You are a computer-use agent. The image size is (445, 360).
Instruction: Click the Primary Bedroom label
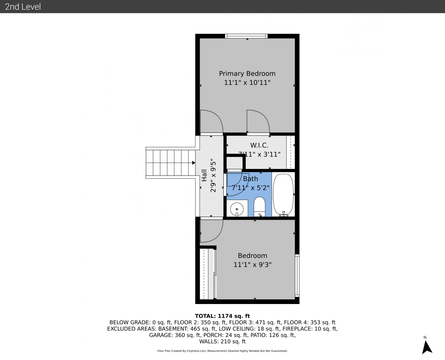pyautogui.click(x=247, y=74)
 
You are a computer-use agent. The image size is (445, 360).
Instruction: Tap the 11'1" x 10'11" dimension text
pyautogui.click(x=247, y=83)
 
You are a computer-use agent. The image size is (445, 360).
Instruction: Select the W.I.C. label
pyautogui.click(x=259, y=145)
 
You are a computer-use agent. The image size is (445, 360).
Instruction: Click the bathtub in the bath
pyautogui.click(x=284, y=195)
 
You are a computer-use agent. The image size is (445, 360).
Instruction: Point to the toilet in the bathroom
pyautogui.click(x=259, y=207)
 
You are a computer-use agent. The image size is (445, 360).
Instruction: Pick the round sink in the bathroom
pyautogui.click(x=237, y=209)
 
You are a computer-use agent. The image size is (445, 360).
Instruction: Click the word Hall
pyautogui.click(x=204, y=175)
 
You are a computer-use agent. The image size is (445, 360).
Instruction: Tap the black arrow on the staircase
pyautogui.click(x=194, y=163)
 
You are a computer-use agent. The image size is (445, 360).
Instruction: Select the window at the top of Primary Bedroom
pyautogui.click(x=246, y=36)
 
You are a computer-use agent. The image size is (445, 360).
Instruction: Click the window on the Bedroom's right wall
pyautogui.click(x=297, y=275)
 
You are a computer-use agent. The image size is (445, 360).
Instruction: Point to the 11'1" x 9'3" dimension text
pyautogui.click(x=252, y=265)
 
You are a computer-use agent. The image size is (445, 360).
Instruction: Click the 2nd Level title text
pyautogui.click(x=23, y=7)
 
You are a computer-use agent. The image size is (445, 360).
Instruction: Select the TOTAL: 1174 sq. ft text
pyautogui.click(x=222, y=316)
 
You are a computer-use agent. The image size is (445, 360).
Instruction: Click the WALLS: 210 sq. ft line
pyautogui.click(x=222, y=342)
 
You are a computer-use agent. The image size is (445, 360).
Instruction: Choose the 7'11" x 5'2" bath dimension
pyautogui.click(x=250, y=188)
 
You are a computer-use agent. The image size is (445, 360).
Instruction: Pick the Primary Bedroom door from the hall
pyautogui.click(x=211, y=121)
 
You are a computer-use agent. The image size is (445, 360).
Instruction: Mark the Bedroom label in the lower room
pyautogui.click(x=252, y=256)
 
